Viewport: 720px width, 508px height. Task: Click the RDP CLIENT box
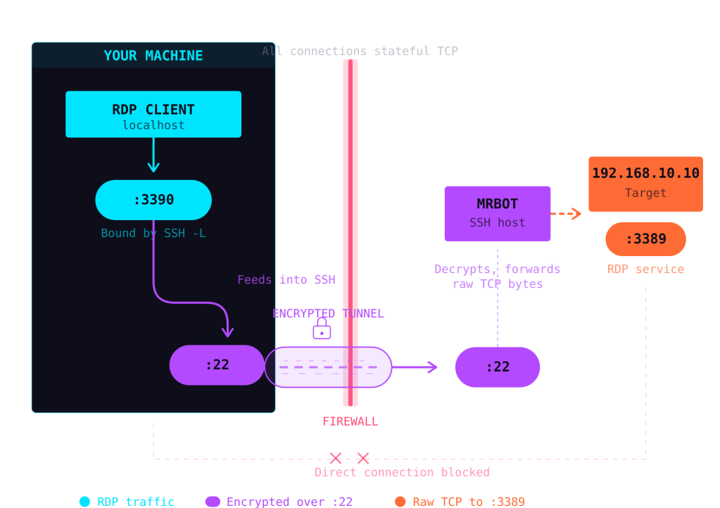(x=153, y=114)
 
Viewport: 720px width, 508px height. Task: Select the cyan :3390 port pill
(x=153, y=200)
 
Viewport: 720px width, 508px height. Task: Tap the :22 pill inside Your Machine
(x=217, y=364)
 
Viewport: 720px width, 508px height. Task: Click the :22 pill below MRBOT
(x=497, y=367)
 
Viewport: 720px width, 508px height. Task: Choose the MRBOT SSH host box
(x=497, y=213)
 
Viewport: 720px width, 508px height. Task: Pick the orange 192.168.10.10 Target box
(x=645, y=183)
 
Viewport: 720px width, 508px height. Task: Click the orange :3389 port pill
(x=645, y=239)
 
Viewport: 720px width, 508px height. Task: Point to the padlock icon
(x=322, y=329)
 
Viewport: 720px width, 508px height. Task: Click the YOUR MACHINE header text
(x=153, y=56)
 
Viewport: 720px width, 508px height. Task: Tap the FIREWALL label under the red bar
(x=350, y=421)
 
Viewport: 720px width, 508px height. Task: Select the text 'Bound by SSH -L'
(x=153, y=233)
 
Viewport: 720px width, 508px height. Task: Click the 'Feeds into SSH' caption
(x=286, y=279)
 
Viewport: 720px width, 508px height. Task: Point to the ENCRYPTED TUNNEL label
(x=328, y=313)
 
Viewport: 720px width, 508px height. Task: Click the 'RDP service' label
(x=645, y=269)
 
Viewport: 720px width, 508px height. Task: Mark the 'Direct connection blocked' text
(x=402, y=472)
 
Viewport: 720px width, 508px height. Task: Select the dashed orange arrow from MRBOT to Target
(x=566, y=213)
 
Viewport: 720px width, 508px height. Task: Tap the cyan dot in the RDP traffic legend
(x=84, y=502)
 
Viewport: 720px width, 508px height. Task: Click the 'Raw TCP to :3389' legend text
(x=468, y=502)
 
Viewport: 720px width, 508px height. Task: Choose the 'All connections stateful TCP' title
(x=360, y=51)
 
